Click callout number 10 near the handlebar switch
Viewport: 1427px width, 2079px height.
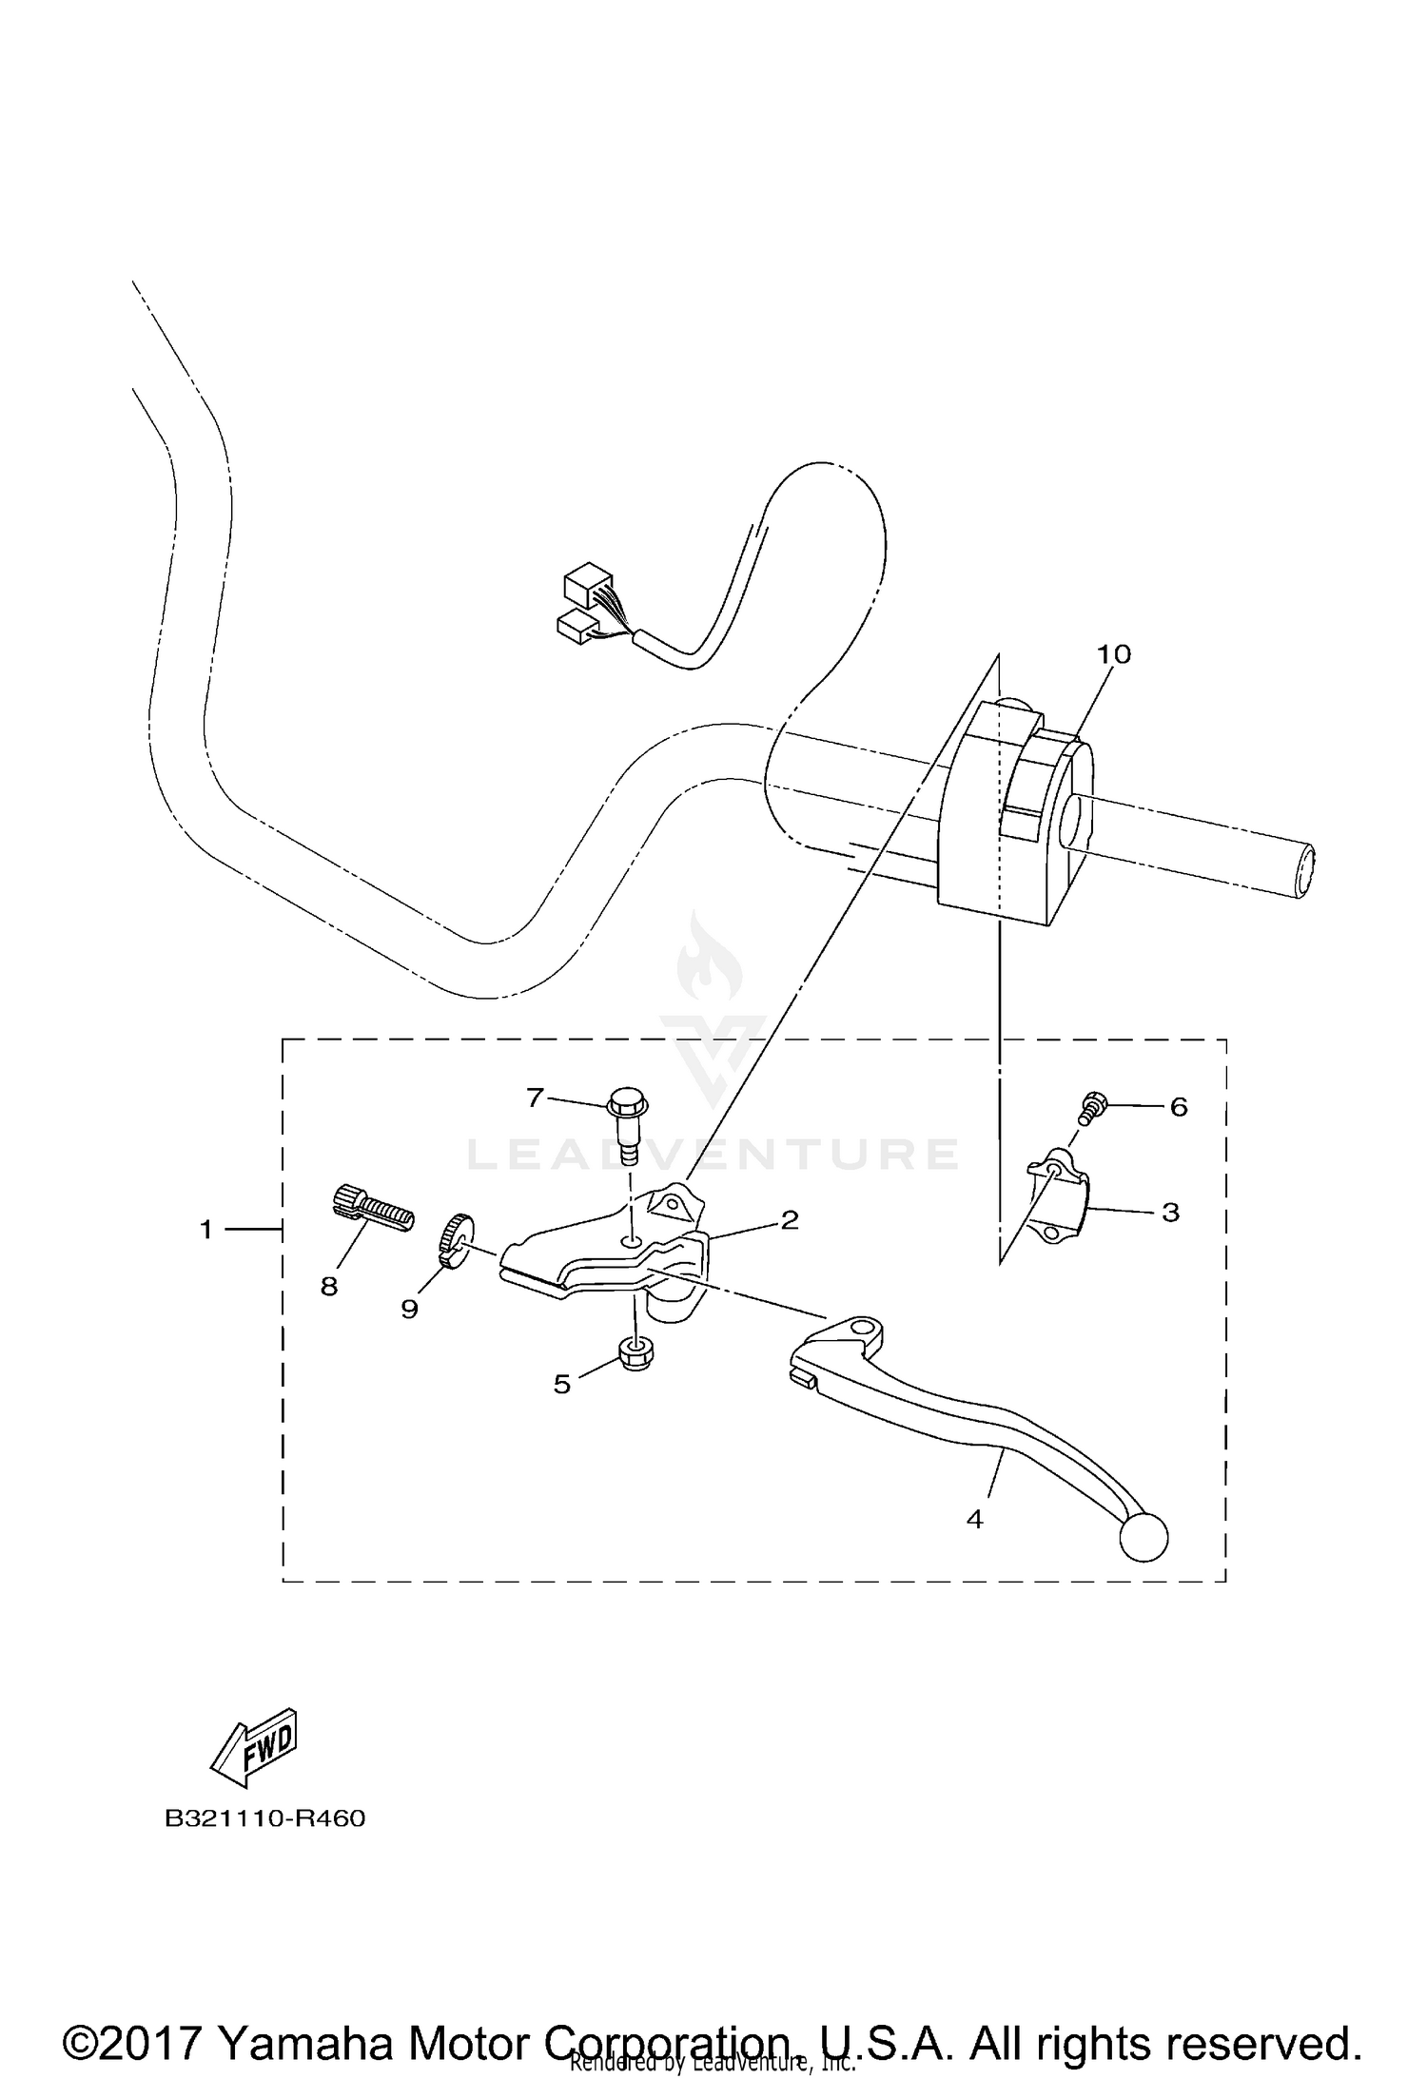pos(1113,654)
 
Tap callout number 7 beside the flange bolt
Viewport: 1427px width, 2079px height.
pos(535,1098)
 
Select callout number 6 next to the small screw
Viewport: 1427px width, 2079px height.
pos(1179,1107)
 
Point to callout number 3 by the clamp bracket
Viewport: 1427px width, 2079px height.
pos(1170,1213)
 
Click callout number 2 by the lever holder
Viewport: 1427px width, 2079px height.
pos(789,1220)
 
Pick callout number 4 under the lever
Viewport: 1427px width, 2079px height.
pos(974,1520)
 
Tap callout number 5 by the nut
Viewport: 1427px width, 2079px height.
pos(561,1385)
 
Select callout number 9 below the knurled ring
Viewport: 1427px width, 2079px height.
pos(409,1310)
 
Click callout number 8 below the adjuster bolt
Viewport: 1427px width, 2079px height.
pos(329,1287)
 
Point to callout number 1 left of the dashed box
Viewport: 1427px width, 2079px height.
pos(205,1231)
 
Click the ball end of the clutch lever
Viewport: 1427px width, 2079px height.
pos(1144,1538)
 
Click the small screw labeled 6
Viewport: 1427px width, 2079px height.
pos(1093,1107)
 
